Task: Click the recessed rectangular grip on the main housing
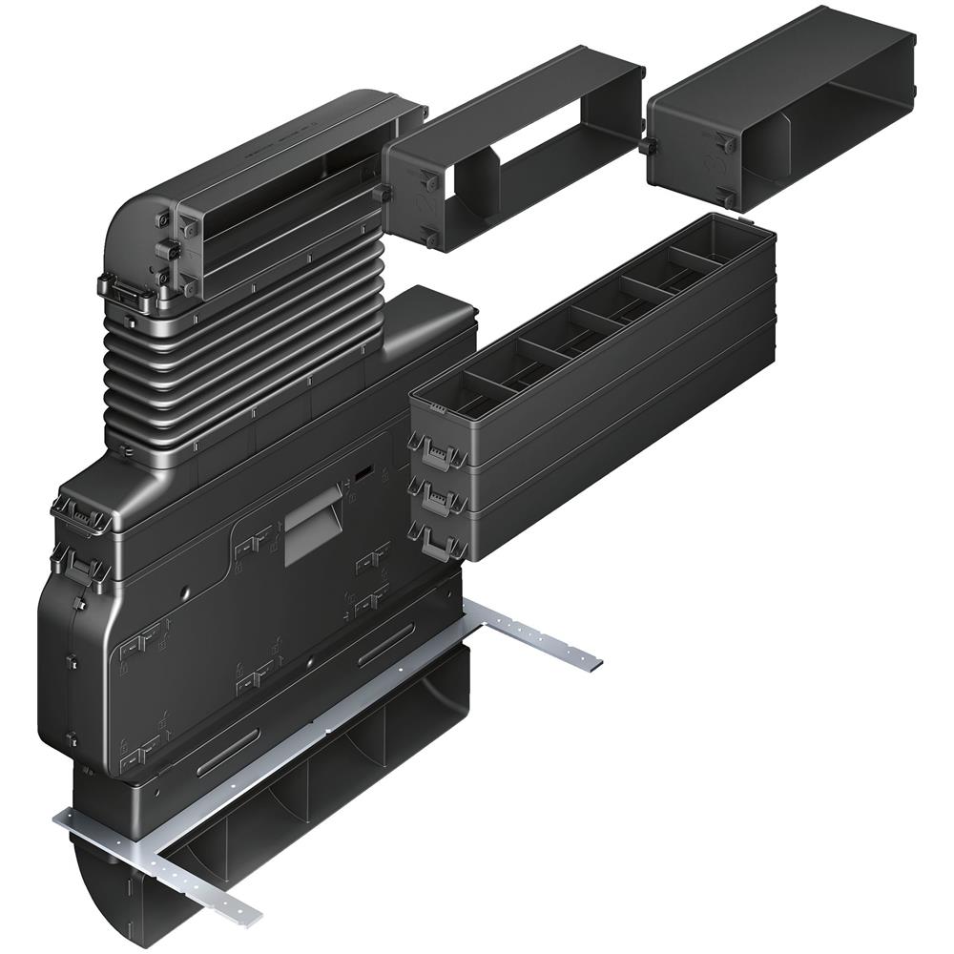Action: click(x=312, y=524)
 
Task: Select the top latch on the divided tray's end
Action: click(x=435, y=448)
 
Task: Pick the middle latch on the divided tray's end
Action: click(x=435, y=496)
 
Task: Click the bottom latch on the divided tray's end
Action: click(x=435, y=540)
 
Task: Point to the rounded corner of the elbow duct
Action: click(x=134, y=191)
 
